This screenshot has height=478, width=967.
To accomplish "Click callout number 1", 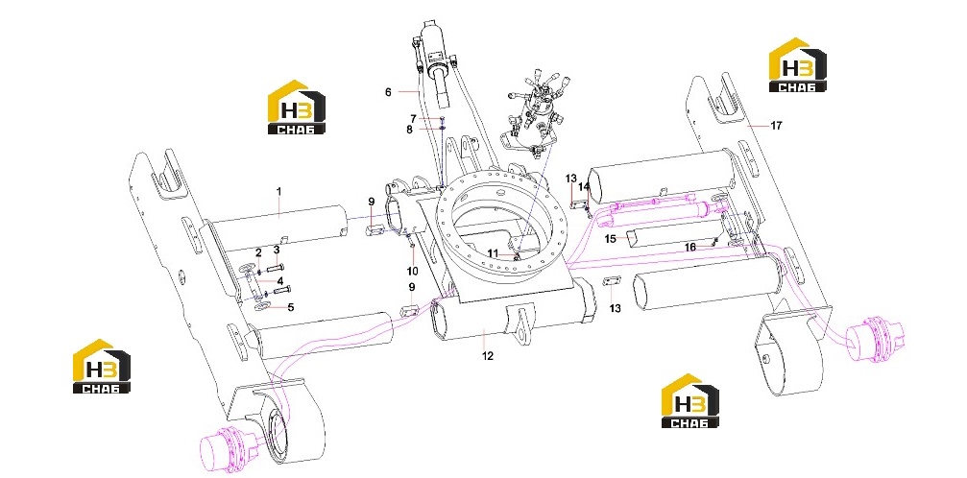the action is pyautogui.click(x=278, y=192).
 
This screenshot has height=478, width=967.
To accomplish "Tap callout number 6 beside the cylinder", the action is pyautogui.click(x=388, y=92).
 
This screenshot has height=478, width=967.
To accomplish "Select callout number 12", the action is pyautogui.click(x=488, y=356).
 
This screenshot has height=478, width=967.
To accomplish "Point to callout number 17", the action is pyautogui.click(x=776, y=125).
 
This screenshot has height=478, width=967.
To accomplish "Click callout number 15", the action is pyautogui.click(x=610, y=238).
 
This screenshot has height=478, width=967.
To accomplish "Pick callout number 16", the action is pyautogui.click(x=690, y=247).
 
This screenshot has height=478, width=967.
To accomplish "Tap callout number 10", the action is pyautogui.click(x=412, y=271).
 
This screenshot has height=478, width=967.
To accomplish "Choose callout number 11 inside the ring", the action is pyautogui.click(x=492, y=252).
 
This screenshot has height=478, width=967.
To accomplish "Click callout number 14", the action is pyautogui.click(x=584, y=185).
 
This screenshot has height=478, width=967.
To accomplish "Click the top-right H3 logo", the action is pyautogui.click(x=797, y=65).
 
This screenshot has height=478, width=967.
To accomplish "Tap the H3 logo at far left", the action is pyautogui.click(x=102, y=367).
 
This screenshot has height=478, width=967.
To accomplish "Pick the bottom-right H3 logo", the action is pyautogui.click(x=690, y=401).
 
